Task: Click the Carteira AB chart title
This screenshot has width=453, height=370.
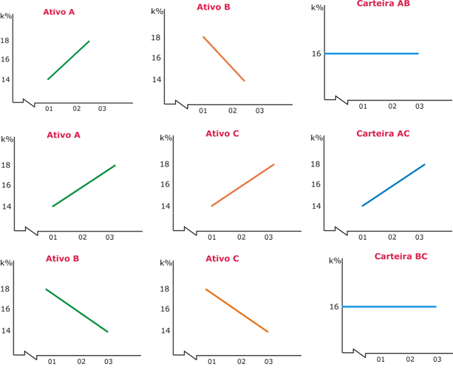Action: (383, 4)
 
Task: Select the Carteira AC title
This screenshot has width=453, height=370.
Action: (383, 134)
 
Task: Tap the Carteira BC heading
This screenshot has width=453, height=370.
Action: (401, 256)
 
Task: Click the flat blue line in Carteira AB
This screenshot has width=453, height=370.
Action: (371, 53)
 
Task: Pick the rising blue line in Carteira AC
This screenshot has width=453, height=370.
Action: (393, 185)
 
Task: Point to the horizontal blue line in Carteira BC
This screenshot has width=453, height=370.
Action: (389, 306)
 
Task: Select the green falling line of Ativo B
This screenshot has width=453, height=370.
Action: (77, 310)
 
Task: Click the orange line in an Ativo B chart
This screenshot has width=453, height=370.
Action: (223, 58)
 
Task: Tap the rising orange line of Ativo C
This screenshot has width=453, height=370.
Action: (242, 185)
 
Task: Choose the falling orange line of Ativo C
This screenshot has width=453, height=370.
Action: (236, 310)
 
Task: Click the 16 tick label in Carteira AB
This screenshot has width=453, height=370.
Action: (316, 53)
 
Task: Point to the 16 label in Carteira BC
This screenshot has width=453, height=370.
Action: (334, 306)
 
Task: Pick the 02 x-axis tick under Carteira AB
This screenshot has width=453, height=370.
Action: (392, 107)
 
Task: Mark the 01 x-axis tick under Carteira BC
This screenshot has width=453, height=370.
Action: (381, 359)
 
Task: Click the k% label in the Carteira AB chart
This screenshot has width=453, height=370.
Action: (317, 7)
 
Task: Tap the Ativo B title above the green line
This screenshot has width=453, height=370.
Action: (62, 259)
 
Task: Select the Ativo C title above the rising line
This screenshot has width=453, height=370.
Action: (222, 134)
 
